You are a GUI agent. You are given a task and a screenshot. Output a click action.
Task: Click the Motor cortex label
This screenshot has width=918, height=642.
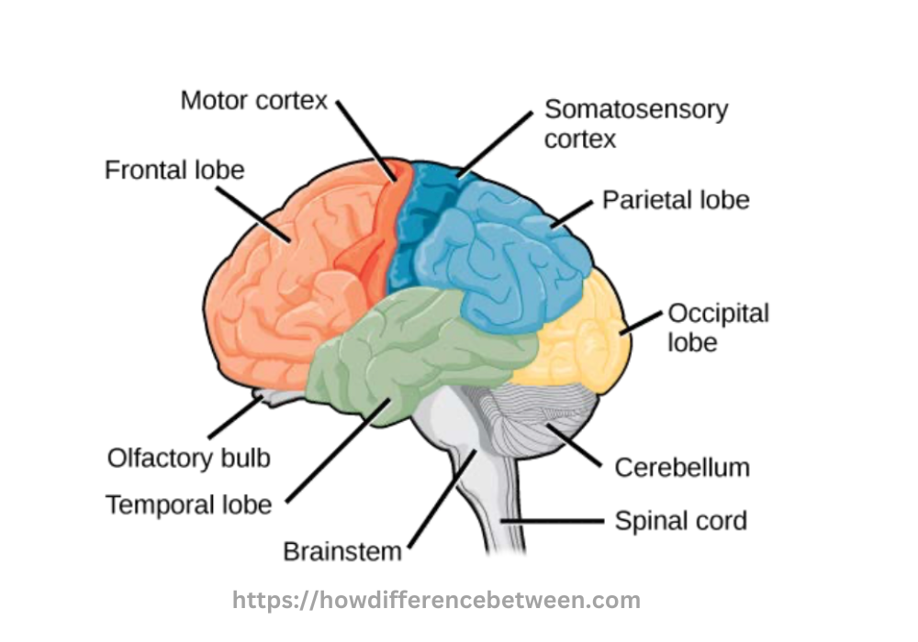253,100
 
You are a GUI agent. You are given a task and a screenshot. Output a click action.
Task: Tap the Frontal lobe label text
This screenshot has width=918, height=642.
174,171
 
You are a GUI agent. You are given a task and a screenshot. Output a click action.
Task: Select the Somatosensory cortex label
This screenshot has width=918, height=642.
635,124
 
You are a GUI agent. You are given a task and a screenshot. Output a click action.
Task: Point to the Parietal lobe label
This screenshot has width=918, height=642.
676,200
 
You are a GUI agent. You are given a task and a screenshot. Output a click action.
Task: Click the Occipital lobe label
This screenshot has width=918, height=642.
717,327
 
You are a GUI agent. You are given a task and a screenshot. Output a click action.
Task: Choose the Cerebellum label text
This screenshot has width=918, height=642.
681,467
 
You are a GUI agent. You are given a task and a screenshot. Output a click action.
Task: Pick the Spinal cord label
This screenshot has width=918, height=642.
680,522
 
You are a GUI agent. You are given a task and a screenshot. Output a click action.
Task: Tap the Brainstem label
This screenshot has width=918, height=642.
342,552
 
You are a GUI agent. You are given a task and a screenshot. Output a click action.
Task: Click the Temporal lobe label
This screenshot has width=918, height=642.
188,504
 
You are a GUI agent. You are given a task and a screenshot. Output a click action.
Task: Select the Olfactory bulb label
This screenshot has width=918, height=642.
188,458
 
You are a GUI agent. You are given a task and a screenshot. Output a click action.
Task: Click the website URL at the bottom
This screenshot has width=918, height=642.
436,602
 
